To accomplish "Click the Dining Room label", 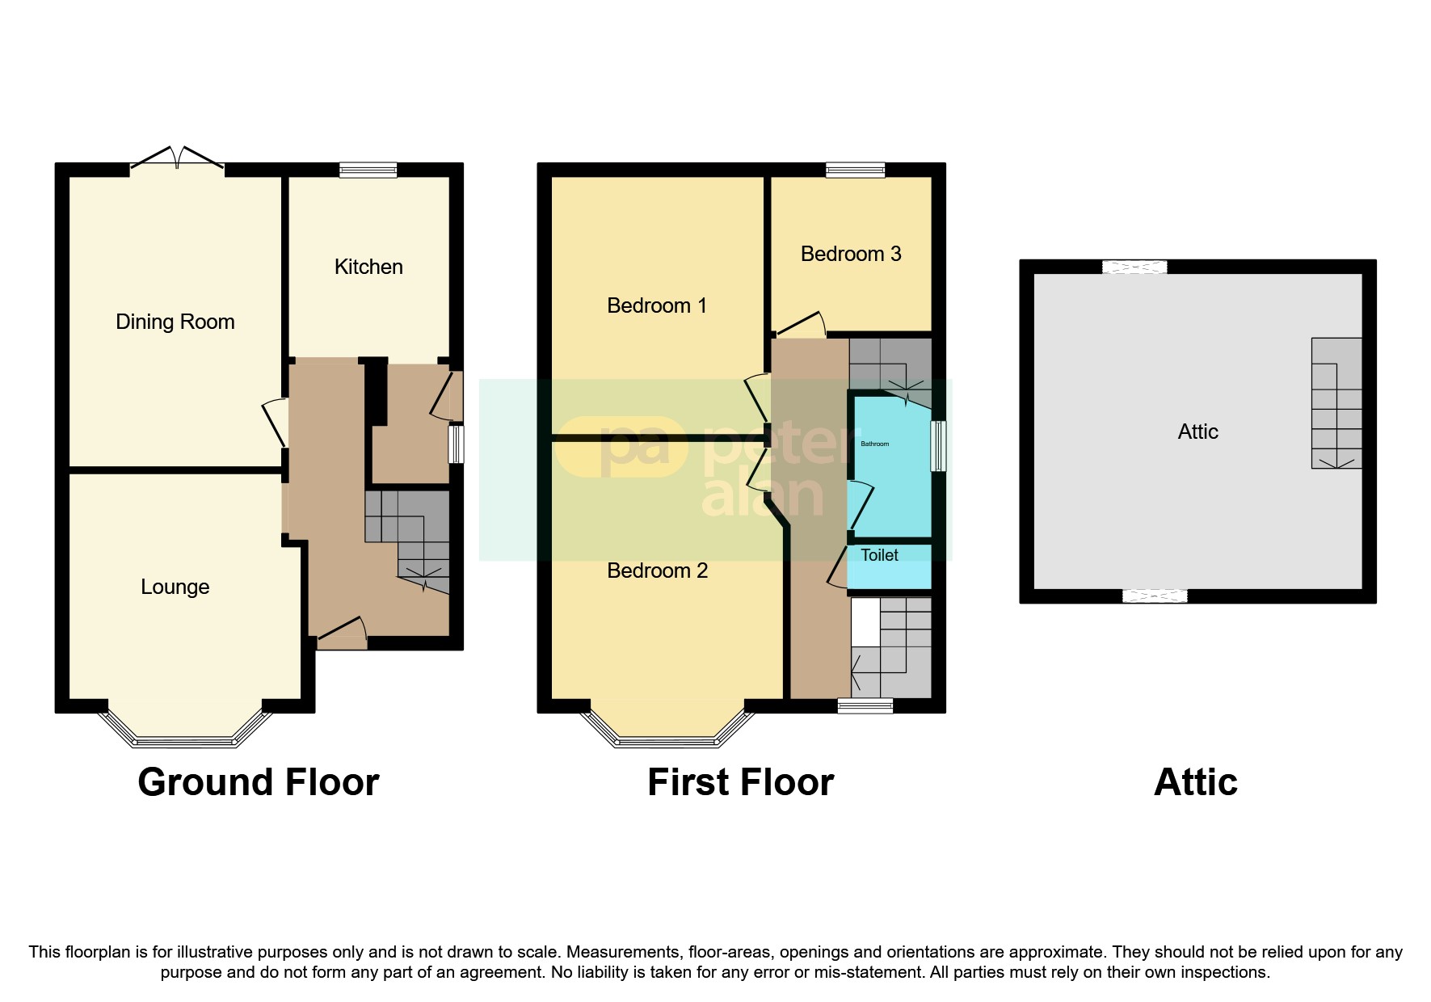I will pyautogui.click(x=175, y=322).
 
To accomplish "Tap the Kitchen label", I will pyautogui.click(x=368, y=267).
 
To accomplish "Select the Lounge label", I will pyautogui.click(x=175, y=587).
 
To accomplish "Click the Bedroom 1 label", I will pyautogui.click(x=656, y=305).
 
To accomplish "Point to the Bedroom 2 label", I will pyautogui.click(x=657, y=570).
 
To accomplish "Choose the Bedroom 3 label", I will pyautogui.click(x=850, y=254).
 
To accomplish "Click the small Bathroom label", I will pyautogui.click(x=874, y=444).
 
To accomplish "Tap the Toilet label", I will pyautogui.click(x=879, y=555).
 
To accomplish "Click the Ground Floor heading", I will pyautogui.click(x=258, y=782).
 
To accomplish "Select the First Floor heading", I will pyautogui.click(x=740, y=782).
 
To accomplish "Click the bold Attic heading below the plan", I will pyautogui.click(x=1195, y=782).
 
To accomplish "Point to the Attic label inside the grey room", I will pyautogui.click(x=1197, y=432).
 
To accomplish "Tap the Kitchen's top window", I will pyautogui.click(x=368, y=170).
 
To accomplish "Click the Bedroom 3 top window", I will pyautogui.click(x=855, y=170).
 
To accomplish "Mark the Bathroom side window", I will pyautogui.click(x=938, y=445).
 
